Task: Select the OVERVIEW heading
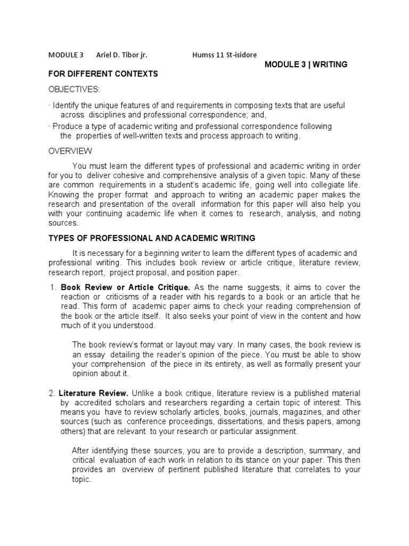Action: [70, 151]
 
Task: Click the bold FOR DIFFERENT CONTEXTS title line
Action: [103, 74]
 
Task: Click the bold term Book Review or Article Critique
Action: [125, 287]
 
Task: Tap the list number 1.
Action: [53, 287]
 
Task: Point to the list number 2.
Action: [52, 394]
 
